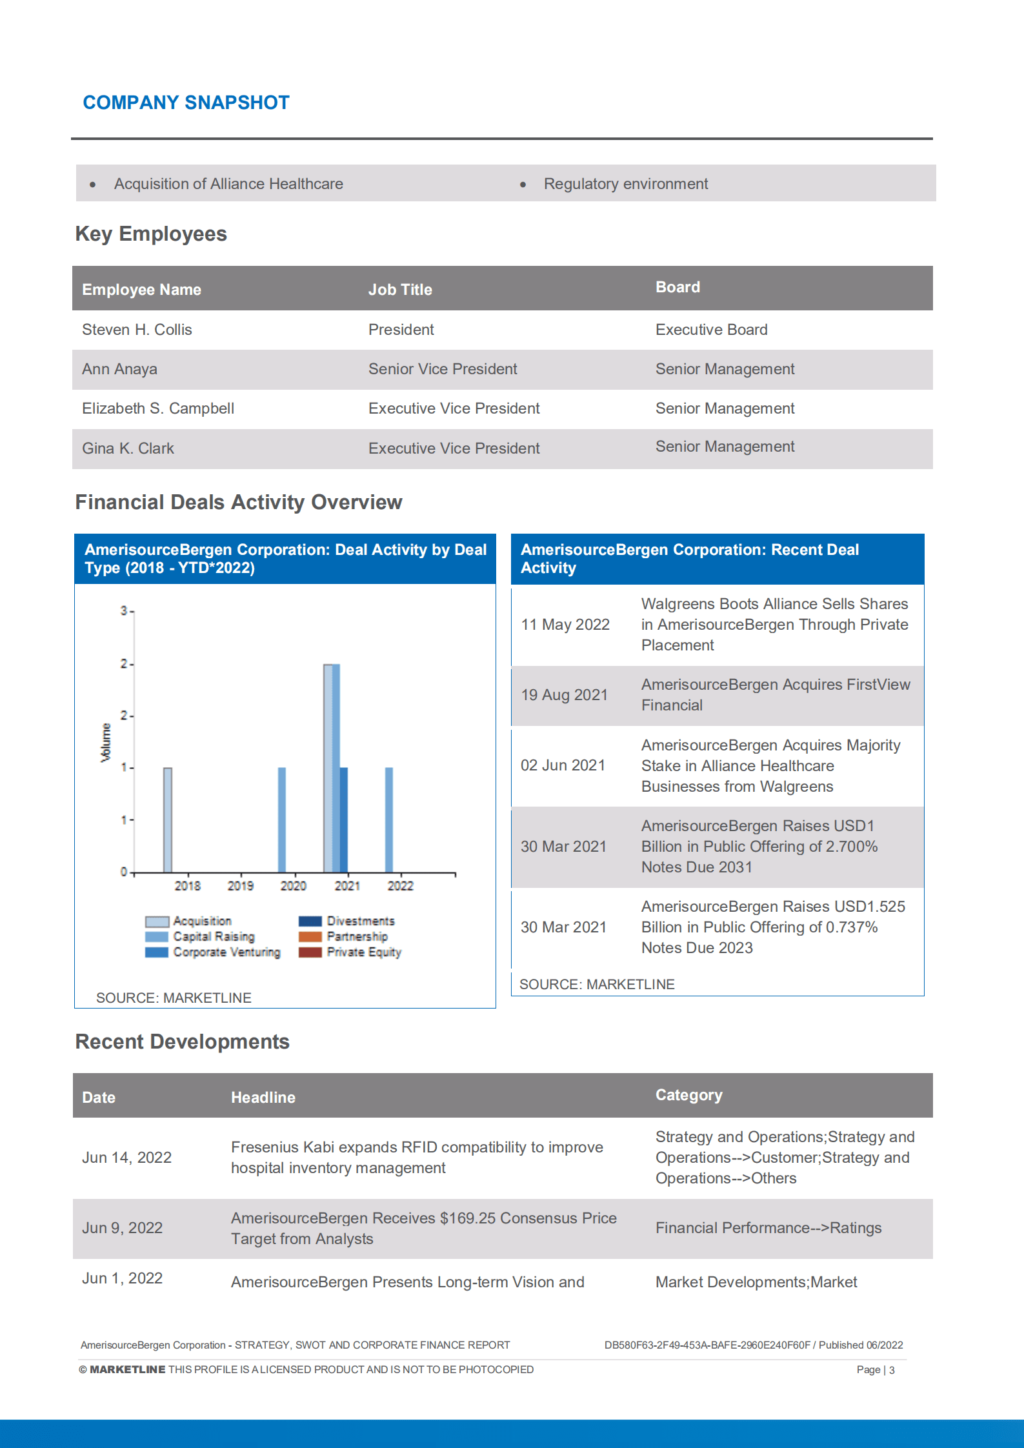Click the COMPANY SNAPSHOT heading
pyautogui.click(x=186, y=103)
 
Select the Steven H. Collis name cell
pyautogui.click(x=137, y=330)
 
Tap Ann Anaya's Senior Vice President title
pyautogui.click(x=442, y=369)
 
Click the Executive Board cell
pyautogui.click(x=711, y=330)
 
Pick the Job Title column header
pyautogui.click(x=399, y=290)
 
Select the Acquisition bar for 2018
pyautogui.click(x=168, y=820)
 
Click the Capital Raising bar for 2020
pyautogui.click(x=282, y=820)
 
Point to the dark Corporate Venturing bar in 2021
pyautogui.click(x=344, y=820)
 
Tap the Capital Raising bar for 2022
pyautogui.click(x=389, y=820)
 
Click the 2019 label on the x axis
pyautogui.click(x=240, y=886)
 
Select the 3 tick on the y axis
pyautogui.click(x=123, y=610)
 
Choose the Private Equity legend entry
pyautogui.click(x=363, y=952)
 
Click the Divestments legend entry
pyautogui.click(x=360, y=921)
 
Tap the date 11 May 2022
pyautogui.click(x=565, y=625)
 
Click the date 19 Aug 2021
pyautogui.click(x=564, y=695)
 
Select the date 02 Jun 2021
pyautogui.click(x=563, y=765)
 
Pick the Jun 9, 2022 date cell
pyautogui.click(x=122, y=1228)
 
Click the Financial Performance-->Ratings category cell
pyautogui.click(x=768, y=1228)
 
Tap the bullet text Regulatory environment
pyautogui.click(x=625, y=184)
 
